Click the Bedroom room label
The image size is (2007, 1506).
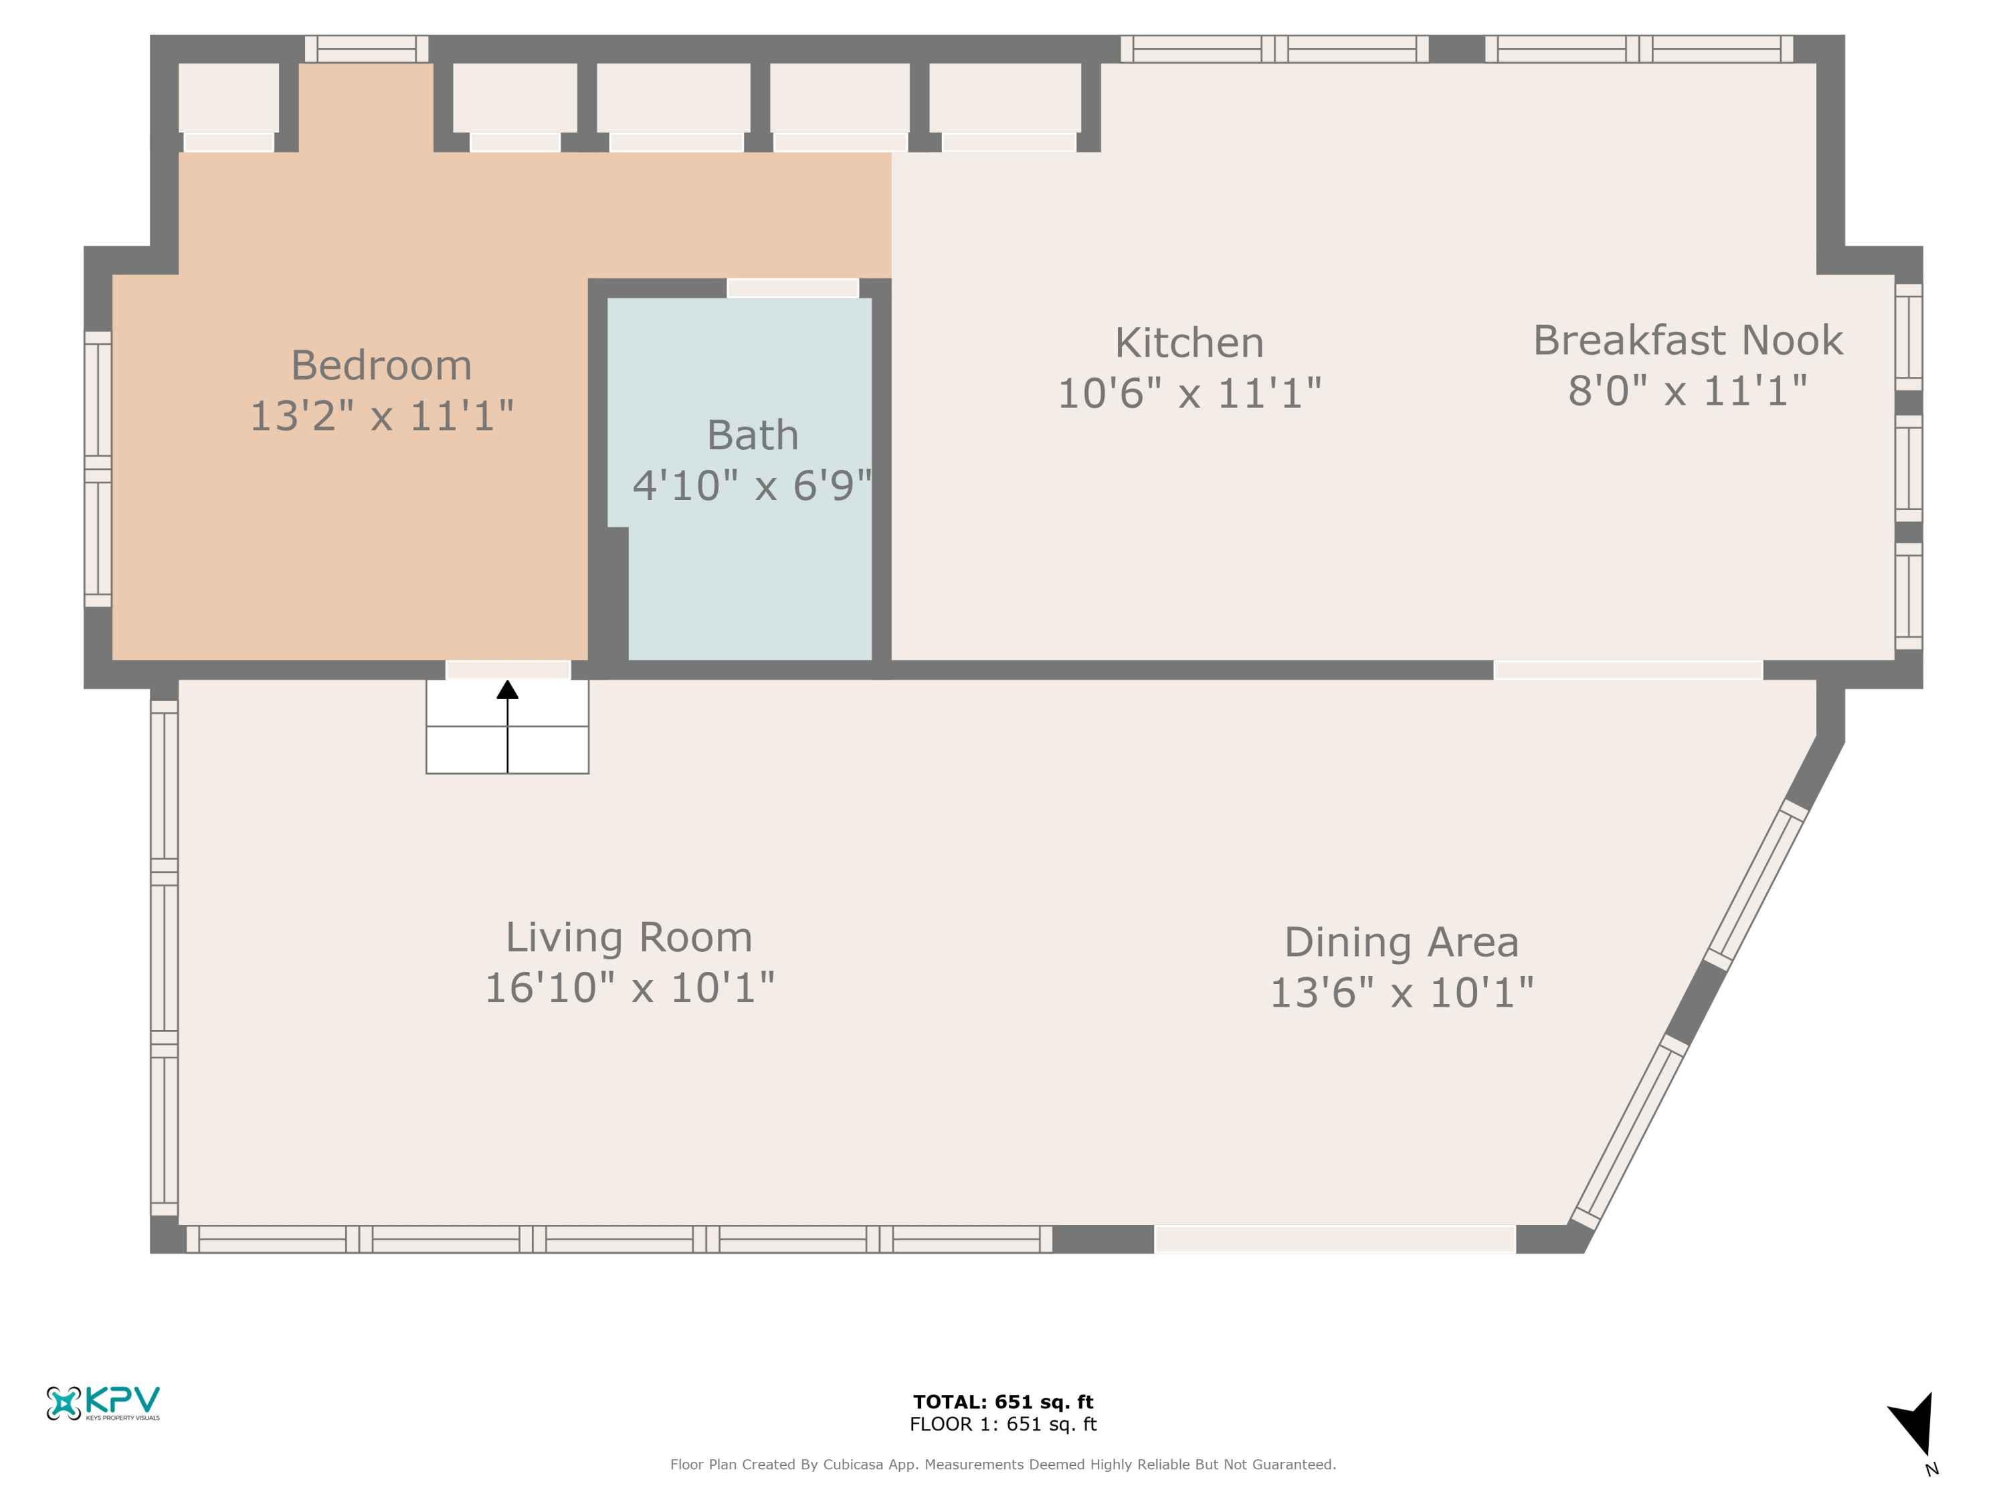point(381,366)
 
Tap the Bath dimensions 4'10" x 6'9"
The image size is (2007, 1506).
point(752,486)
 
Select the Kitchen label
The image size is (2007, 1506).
point(1189,343)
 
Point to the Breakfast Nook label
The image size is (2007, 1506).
point(1688,341)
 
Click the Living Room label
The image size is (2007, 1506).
point(629,938)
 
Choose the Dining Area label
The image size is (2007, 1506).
point(1401,942)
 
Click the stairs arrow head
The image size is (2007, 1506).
point(507,690)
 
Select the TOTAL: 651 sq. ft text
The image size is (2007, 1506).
point(1004,1402)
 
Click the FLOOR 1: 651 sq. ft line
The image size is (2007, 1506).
point(1004,1424)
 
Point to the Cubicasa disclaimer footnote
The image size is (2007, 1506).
point(1004,1465)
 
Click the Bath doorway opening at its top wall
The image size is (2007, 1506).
point(793,288)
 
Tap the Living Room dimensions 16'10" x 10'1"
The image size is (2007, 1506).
point(630,988)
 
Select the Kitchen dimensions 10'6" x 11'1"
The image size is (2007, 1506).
point(1189,394)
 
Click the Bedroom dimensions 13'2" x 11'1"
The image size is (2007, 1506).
point(381,417)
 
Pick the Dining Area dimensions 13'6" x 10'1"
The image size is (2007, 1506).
point(1401,993)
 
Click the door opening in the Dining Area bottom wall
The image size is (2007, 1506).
point(1335,1239)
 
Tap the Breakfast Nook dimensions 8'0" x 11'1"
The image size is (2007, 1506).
point(1688,392)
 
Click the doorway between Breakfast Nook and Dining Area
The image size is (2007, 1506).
point(1628,670)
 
